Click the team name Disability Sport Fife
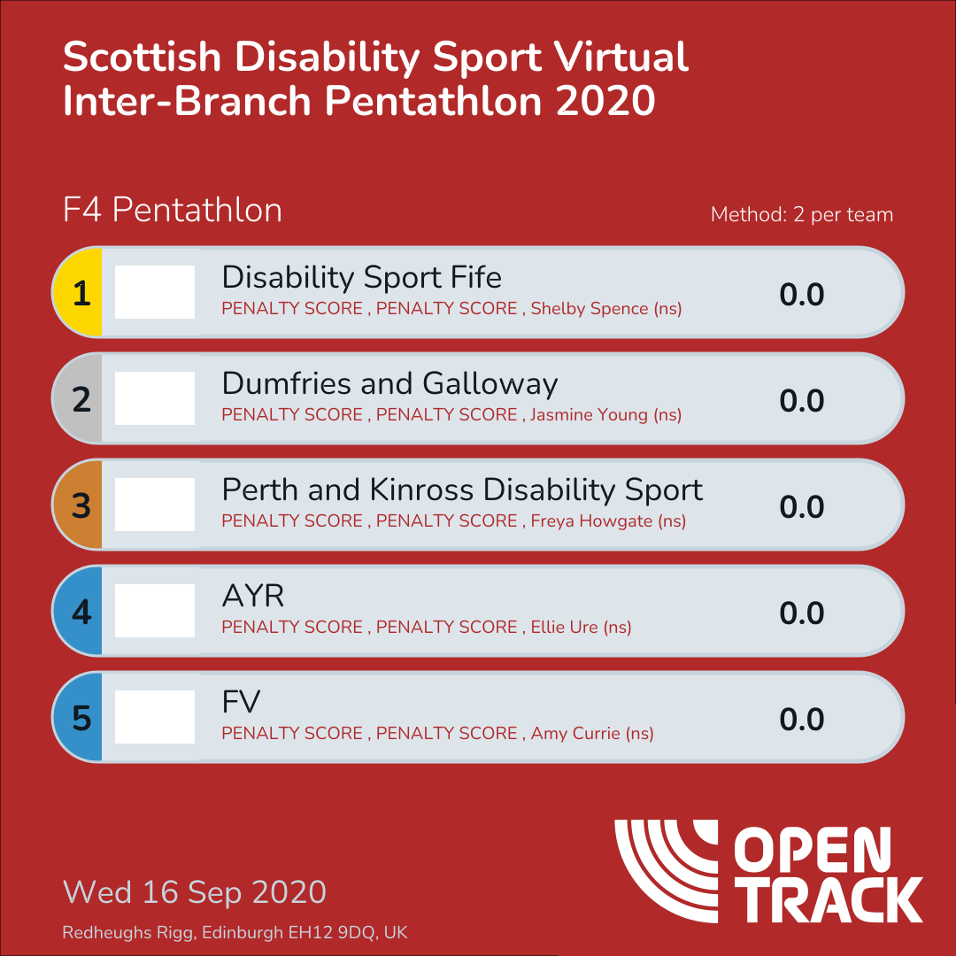361,278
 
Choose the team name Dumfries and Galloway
389,384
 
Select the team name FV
241,703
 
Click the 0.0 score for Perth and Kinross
802,507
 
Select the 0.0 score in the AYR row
802,613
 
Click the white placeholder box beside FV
155,717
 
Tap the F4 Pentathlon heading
173,211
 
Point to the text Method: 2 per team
802,215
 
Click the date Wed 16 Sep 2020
195,892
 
